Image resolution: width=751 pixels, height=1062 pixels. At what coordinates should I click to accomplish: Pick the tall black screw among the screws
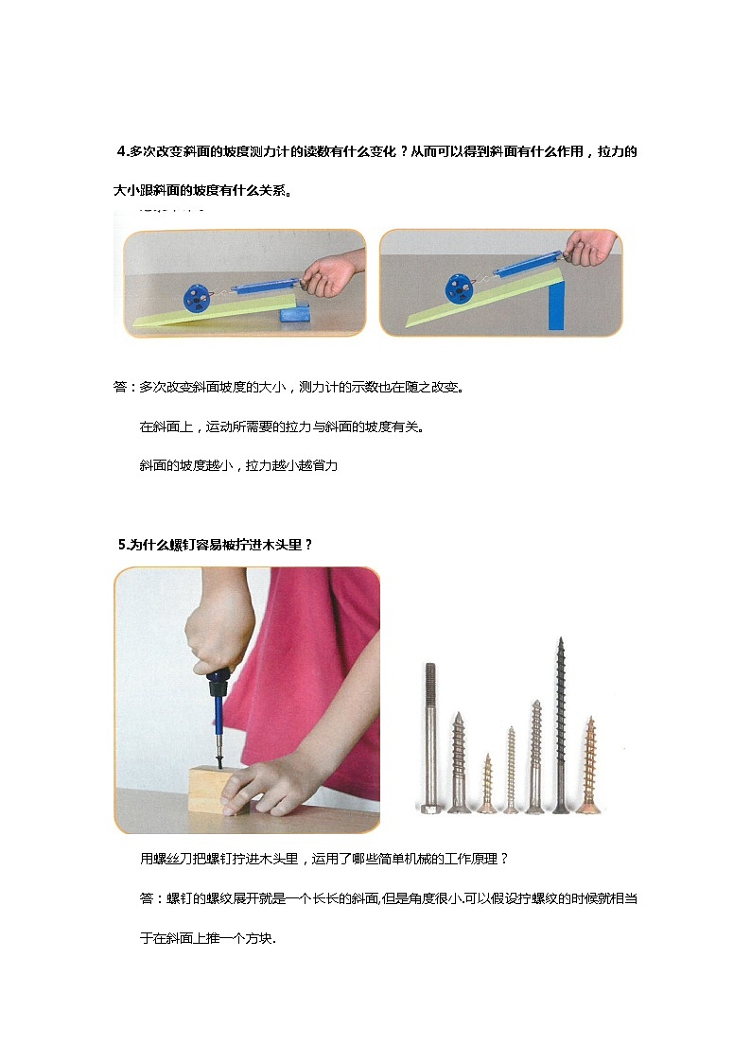point(560,723)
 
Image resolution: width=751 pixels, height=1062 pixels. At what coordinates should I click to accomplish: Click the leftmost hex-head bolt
point(430,738)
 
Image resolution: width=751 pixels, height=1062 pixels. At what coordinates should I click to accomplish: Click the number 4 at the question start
point(121,152)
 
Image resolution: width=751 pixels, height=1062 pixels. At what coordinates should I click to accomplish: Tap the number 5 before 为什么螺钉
point(122,544)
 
